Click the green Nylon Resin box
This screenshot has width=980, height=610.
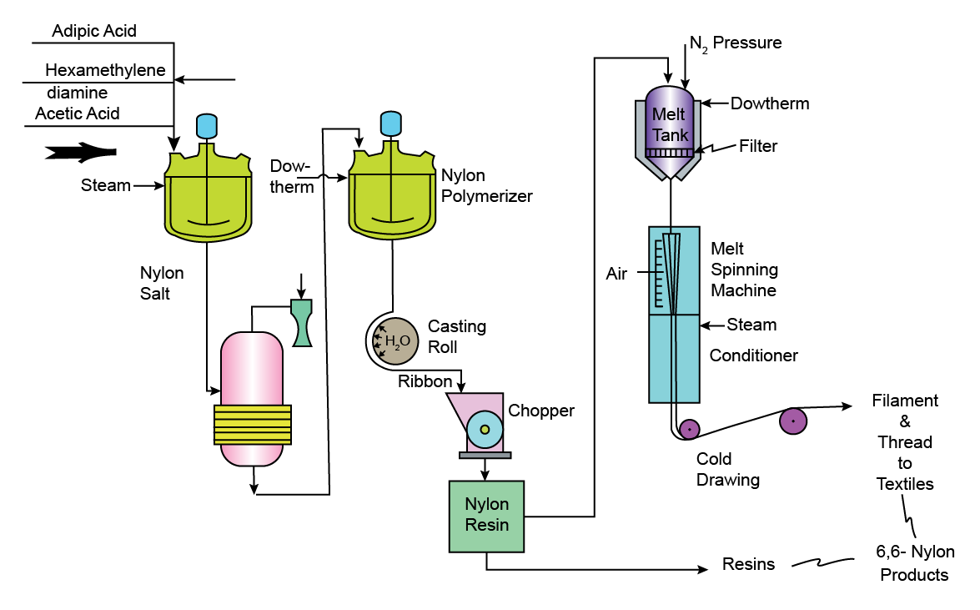coord(486,516)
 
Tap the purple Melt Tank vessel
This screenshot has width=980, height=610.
coord(670,125)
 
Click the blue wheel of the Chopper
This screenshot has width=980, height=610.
coord(485,429)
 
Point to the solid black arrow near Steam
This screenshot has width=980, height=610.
coord(79,152)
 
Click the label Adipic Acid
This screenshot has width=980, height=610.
coord(94,31)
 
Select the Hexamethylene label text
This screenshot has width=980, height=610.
coord(105,70)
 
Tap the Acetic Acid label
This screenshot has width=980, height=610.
coord(77,113)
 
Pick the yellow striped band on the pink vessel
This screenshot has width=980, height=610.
coord(253,424)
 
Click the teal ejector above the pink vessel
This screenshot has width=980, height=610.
coord(301,322)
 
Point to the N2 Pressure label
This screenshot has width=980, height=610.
coord(736,43)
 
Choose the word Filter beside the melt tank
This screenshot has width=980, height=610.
coord(758,147)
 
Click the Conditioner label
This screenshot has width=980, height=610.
coord(753,355)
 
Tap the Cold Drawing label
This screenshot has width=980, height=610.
coord(728,469)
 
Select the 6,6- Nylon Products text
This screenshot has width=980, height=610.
coord(915,563)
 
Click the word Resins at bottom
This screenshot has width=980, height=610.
coord(748,565)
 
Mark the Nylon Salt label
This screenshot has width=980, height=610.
coord(162,283)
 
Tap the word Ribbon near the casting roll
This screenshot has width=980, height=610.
coord(425,381)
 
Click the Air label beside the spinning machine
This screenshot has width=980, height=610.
coord(616,274)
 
